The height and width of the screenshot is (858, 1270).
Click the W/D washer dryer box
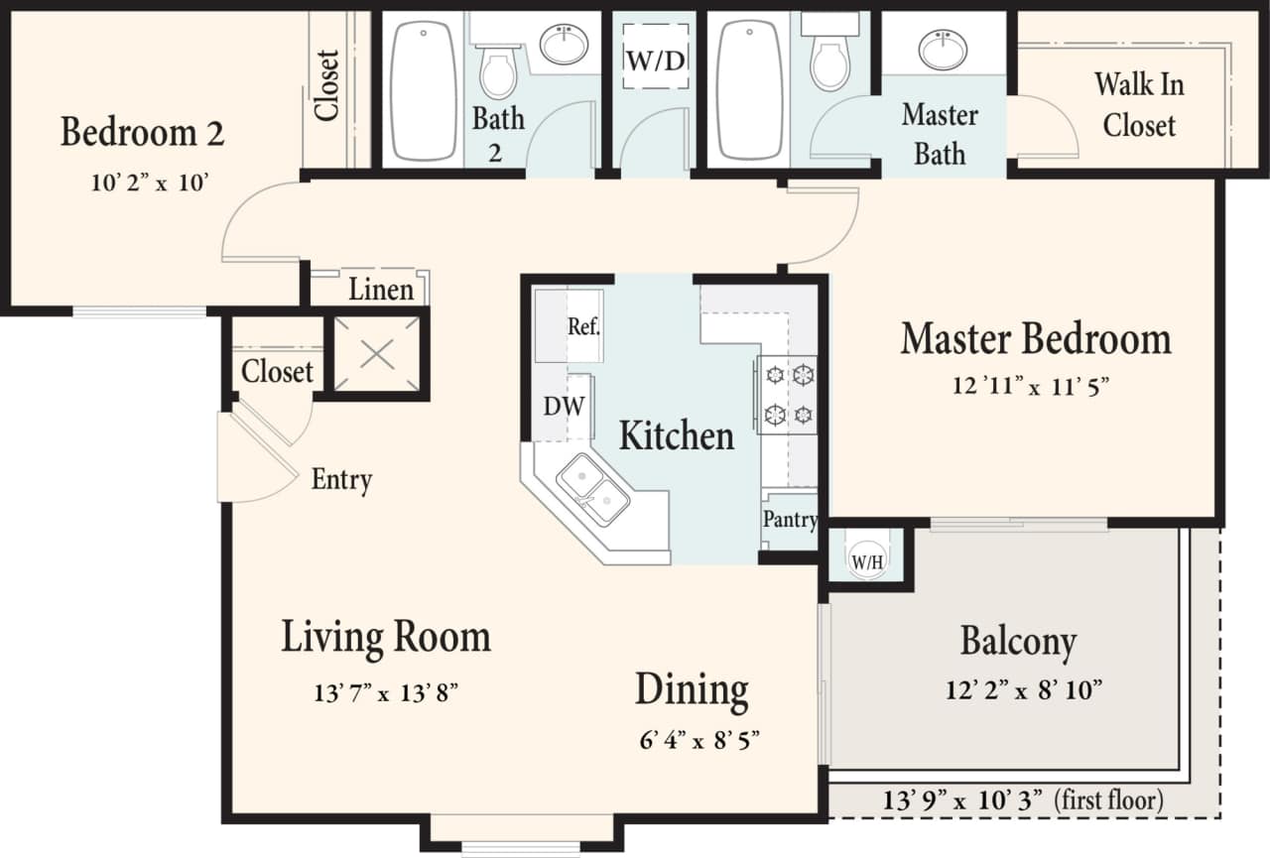point(655,60)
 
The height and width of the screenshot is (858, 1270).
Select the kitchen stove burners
point(787,393)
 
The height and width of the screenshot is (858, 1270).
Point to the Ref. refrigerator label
point(583,326)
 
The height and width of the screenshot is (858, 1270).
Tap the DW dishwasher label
point(563,406)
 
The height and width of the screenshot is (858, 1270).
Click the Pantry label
point(790,519)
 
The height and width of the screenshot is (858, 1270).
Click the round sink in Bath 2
point(564,45)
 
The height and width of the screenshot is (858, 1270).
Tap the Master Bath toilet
point(829,60)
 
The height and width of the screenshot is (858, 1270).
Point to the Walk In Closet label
point(1139,104)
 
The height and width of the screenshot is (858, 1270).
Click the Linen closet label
point(381,290)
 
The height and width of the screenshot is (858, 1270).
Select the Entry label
point(341,480)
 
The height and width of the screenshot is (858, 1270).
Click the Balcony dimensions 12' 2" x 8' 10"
point(1024,689)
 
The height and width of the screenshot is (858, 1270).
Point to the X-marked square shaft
point(377,353)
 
